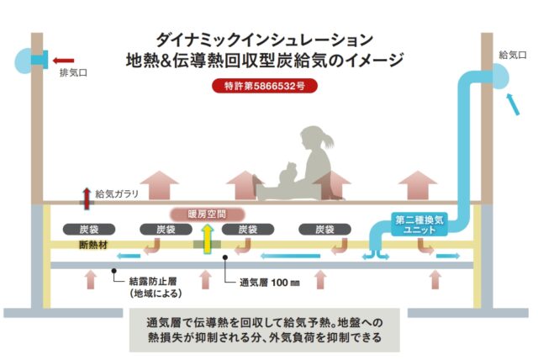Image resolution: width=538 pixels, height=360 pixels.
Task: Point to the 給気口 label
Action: (x=512, y=55)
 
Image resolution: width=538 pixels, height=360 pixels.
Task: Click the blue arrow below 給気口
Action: (x=510, y=103)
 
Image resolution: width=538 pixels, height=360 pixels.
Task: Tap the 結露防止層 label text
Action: (x=154, y=283)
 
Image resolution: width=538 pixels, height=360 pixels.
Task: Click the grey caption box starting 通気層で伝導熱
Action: (x=264, y=329)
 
